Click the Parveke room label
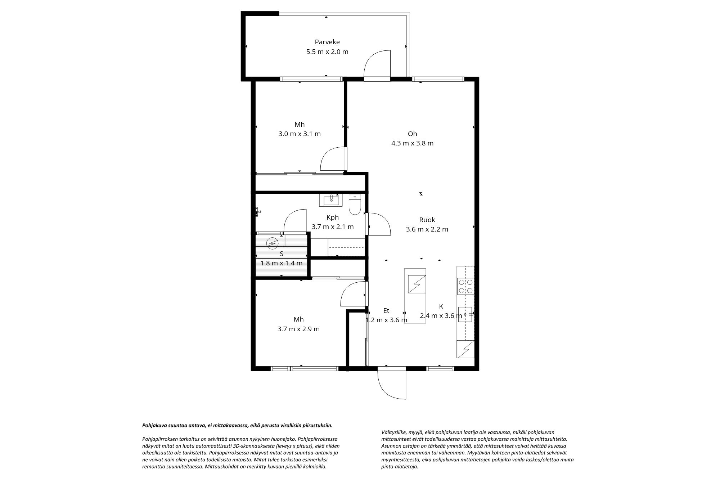coord(327,42)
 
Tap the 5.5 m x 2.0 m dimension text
coord(327,51)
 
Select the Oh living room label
coord(412,134)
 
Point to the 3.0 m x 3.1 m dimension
coord(300,134)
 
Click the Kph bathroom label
coord(333,217)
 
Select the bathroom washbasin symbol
coord(331,200)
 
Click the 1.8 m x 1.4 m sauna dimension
coord(282,263)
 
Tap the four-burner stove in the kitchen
coord(465,287)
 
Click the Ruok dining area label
coord(427,220)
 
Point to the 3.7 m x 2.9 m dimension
coord(298,329)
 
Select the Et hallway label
coord(386,311)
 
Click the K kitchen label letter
coord(441,306)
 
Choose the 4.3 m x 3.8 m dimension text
coord(412,143)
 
